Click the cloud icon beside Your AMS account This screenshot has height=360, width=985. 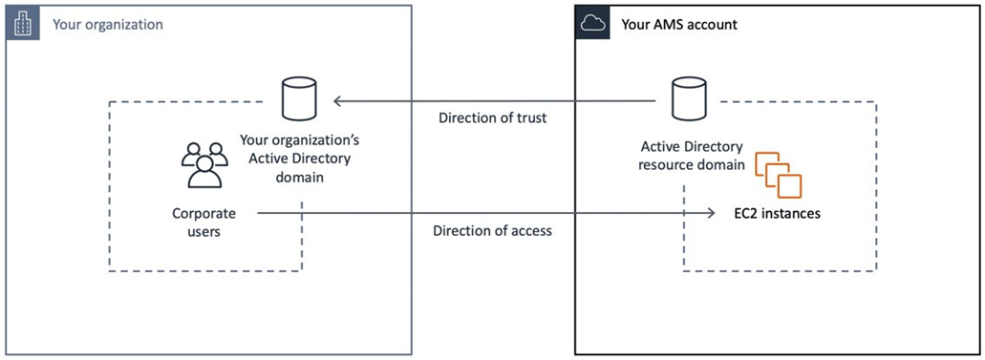coord(592,23)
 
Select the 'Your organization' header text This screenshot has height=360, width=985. coord(107,24)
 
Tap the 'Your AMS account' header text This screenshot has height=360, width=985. coord(679,24)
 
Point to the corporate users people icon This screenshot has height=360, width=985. coord(204,164)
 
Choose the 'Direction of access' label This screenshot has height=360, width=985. coord(492,231)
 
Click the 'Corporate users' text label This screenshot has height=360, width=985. coord(203,222)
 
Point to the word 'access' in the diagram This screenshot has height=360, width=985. coord(530,231)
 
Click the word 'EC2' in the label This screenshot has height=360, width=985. coord(745,213)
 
